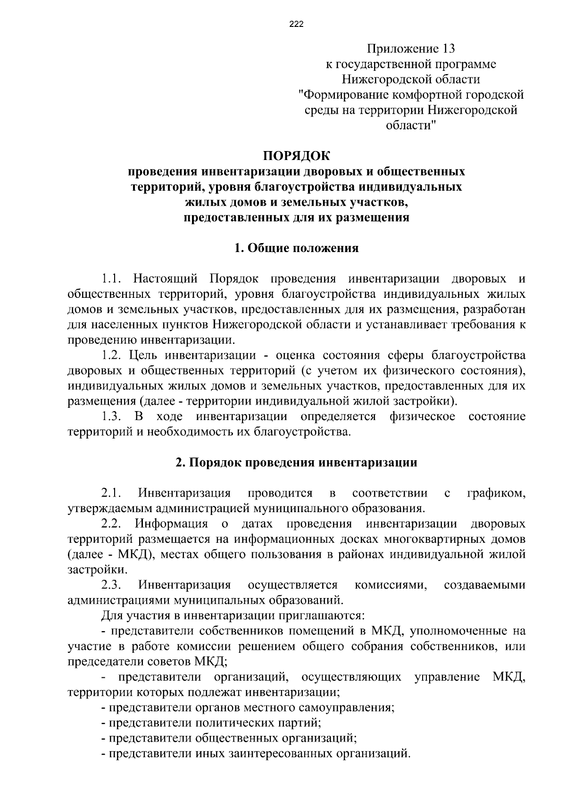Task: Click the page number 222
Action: pos(296,25)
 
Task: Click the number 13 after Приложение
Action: pos(448,49)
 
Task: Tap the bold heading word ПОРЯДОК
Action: pos(297,156)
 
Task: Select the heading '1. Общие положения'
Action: pos(297,248)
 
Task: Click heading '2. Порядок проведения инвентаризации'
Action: pos(297,463)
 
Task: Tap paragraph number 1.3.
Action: pos(112,416)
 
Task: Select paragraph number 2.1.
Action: pos(112,493)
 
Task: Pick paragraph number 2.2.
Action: pos(112,524)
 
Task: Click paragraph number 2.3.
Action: pos(112,585)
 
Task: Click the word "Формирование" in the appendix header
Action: pos(347,94)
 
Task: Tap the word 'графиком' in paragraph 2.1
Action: pos(496,493)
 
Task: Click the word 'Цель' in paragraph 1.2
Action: pos(144,355)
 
